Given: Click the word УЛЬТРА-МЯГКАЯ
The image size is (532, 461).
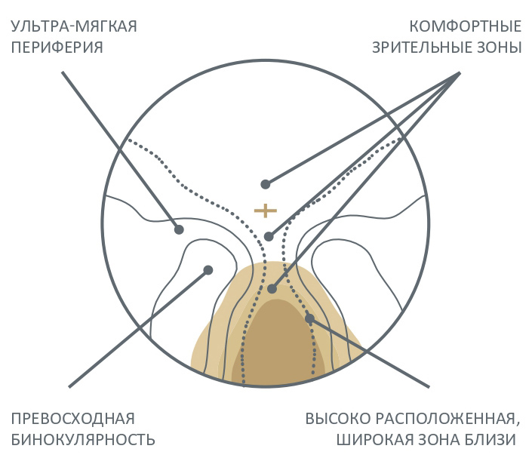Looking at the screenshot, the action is pos(74,26).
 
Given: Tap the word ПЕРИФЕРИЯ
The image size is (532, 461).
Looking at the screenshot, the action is pos(57,48).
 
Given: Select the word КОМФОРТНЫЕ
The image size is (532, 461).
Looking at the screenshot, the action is pos(465,26).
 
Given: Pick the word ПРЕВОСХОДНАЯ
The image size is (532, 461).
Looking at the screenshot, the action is pos(73,419).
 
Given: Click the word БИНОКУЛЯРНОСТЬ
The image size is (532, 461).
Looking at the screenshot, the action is pos(83,440).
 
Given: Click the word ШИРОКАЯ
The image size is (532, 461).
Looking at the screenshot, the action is pos(374,440).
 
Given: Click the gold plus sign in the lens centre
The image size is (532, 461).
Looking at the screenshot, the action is pos(266,211).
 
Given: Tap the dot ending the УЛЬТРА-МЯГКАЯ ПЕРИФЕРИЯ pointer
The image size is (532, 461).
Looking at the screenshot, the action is pos(179,229).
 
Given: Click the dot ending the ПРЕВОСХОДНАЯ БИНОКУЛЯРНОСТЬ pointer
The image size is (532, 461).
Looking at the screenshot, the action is pos(208,270).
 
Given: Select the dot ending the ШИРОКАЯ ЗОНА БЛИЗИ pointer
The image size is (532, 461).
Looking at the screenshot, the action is pos(309,318).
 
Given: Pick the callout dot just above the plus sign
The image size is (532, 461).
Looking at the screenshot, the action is pos(266,185).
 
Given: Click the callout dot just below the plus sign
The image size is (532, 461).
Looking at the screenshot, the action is pos(269,236).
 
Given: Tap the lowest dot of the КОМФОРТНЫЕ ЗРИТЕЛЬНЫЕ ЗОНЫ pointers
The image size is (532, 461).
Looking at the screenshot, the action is pos(272,289).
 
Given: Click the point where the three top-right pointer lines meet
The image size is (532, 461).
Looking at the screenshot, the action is pos(460,73).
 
